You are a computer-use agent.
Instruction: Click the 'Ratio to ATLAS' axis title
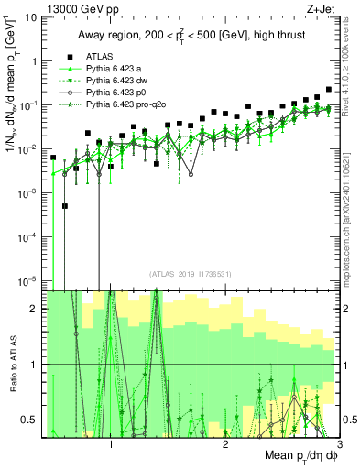(11, 364)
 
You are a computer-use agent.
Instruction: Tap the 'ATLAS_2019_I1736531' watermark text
(190, 273)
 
